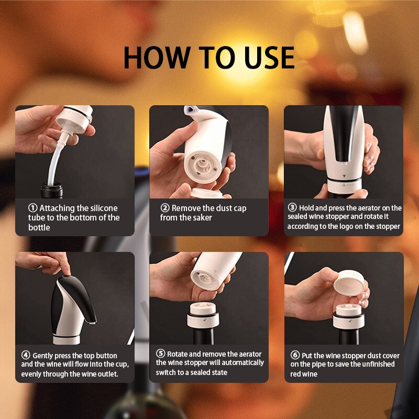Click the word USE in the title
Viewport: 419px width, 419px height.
pyautogui.click(x=270, y=58)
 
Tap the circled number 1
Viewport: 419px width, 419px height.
pyautogui.click(x=32, y=207)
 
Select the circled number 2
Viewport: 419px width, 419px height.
pyautogui.click(x=165, y=207)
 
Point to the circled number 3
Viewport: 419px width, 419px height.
pyautogui.click(x=292, y=207)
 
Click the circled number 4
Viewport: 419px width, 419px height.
pyautogui.click(x=26, y=355)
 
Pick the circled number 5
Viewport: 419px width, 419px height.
pyautogui.click(x=160, y=353)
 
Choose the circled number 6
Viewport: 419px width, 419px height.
pyautogui.click(x=295, y=355)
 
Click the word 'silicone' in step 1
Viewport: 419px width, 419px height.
pyautogui.click(x=104, y=208)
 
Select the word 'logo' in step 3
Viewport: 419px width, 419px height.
pyautogui.click(x=346, y=227)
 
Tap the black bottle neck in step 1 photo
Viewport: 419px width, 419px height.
pyautogui.click(x=51, y=190)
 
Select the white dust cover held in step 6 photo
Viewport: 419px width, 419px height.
pyautogui.click(x=349, y=283)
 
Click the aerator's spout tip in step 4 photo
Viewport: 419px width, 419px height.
pyautogui.click(x=93, y=323)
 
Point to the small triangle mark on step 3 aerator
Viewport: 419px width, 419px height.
pyautogui.click(x=344, y=176)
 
